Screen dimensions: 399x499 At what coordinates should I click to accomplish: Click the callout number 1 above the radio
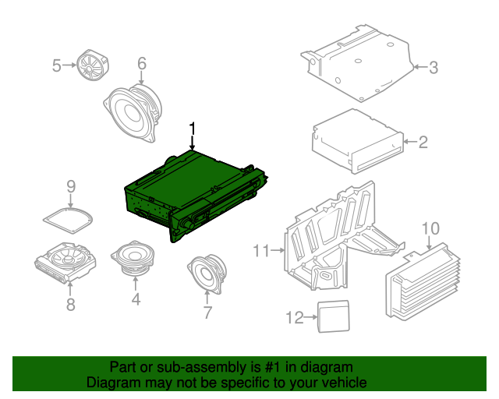193,128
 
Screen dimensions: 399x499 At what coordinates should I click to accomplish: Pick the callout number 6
142,63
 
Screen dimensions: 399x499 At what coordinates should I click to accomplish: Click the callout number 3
433,68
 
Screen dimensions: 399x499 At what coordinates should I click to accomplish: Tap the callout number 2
423,142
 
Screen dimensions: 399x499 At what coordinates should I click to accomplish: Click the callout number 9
70,186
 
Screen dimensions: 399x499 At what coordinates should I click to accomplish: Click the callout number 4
136,298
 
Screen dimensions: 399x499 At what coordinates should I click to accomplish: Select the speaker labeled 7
207,276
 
